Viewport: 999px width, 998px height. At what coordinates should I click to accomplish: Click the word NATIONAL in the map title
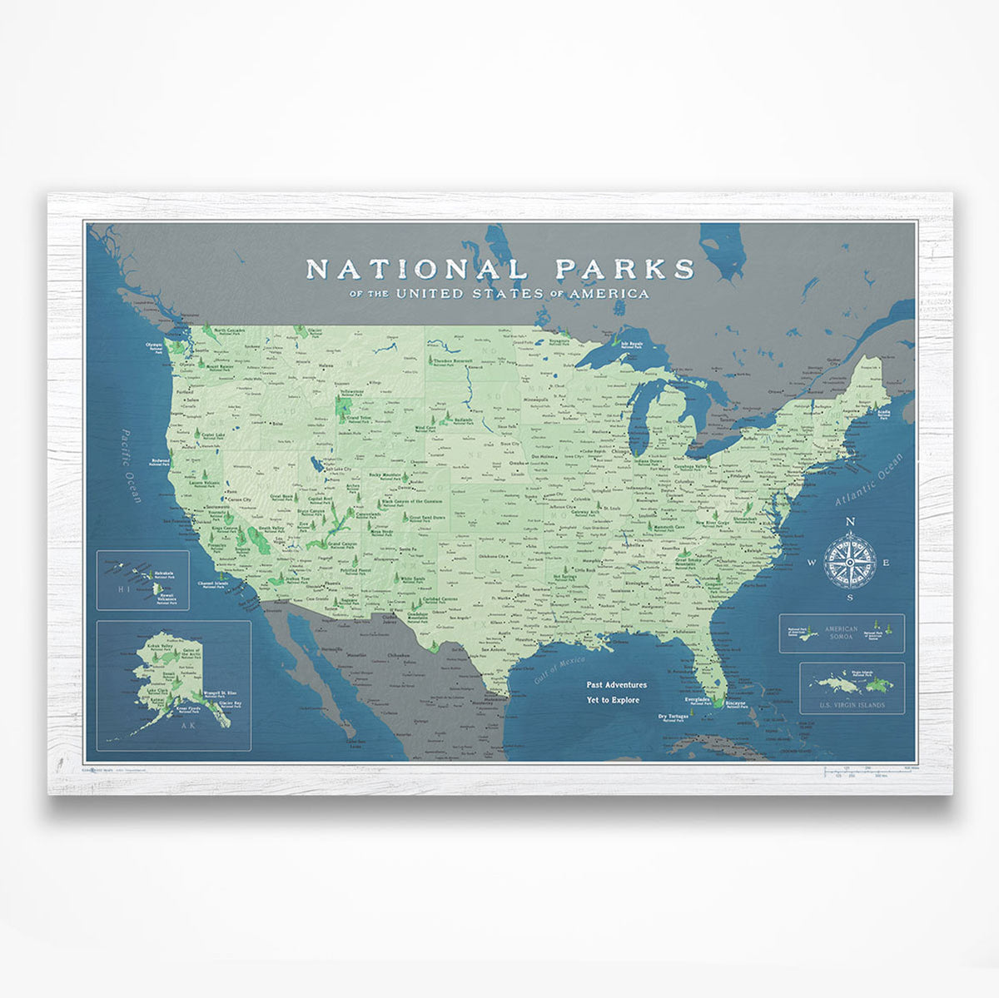coord(415,269)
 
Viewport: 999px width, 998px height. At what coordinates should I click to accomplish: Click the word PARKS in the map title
coord(624,268)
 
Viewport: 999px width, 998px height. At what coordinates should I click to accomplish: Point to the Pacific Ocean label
coord(131,465)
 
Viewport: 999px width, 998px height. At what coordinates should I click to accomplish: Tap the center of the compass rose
coord(849,562)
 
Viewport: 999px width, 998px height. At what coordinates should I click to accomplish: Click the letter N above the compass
coord(850,523)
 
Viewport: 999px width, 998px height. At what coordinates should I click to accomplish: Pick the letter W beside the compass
coord(812,563)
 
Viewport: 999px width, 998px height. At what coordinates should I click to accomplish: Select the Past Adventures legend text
coord(616,685)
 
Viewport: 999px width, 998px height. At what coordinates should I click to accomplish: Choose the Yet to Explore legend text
coord(613,700)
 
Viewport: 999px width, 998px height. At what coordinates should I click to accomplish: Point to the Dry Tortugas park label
coord(673,717)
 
